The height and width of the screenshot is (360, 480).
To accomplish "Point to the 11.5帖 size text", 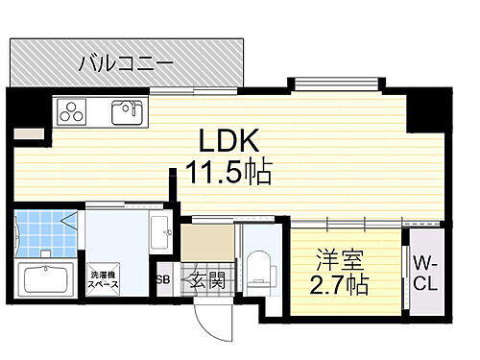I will point(228,173).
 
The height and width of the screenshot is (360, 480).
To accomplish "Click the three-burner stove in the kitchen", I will point(74,112).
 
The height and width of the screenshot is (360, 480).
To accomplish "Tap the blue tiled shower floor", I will point(43,230).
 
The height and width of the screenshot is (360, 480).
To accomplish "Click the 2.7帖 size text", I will point(340,285).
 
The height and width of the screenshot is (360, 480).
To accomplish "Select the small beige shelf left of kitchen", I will point(29,133).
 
